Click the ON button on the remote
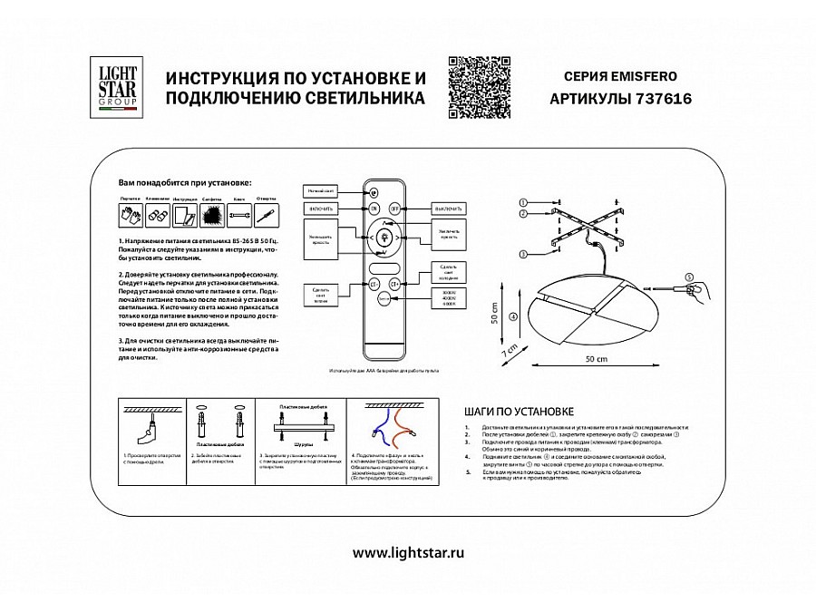(x=374, y=209)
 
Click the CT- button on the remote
(x=373, y=285)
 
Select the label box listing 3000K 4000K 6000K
(x=449, y=297)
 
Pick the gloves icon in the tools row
(x=127, y=216)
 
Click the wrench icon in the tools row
(x=239, y=216)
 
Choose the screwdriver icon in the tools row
(x=267, y=216)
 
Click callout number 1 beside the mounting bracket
(x=523, y=200)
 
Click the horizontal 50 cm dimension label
(x=596, y=360)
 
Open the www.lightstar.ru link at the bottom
(x=407, y=552)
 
